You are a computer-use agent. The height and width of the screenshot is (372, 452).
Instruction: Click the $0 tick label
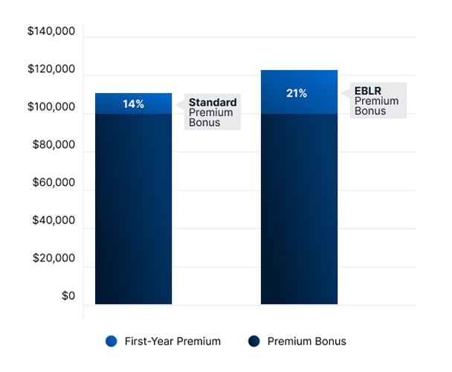(68, 297)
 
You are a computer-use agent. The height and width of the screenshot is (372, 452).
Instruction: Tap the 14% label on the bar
(134, 104)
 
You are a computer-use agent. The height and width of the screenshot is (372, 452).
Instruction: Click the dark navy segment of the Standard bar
(134, 208)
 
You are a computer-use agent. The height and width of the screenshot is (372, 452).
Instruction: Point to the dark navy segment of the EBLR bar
(299, 208)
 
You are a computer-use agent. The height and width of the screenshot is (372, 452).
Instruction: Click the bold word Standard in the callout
(213, 103)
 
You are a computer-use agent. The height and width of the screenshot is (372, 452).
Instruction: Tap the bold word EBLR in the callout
(367, 92)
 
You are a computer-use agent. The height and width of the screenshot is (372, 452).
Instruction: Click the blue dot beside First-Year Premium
(112, 341)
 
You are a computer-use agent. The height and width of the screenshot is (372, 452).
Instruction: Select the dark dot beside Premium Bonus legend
(254, 341)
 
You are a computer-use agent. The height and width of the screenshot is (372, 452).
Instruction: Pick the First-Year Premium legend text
(172, 341)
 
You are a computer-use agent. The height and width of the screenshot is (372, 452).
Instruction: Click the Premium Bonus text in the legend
(307, 341)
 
